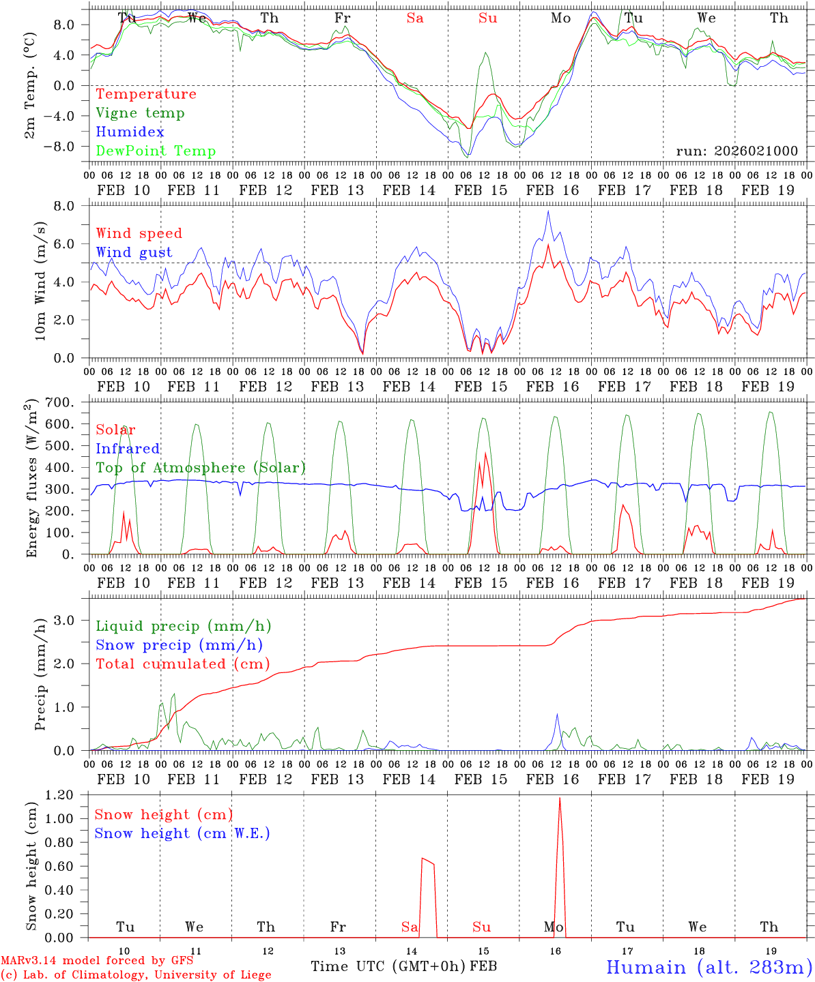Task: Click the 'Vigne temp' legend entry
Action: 140,113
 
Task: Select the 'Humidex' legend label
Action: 130,132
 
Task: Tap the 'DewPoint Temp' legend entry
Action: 156,151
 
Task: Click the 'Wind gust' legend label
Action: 134,252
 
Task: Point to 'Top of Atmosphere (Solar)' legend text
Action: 200,468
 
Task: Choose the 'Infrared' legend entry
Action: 128,449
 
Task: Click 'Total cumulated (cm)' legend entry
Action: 182,664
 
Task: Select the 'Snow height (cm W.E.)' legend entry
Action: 182,833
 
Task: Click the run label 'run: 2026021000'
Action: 737,151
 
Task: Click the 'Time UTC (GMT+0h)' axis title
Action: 388,966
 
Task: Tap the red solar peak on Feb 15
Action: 485,453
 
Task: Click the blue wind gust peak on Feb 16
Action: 547,211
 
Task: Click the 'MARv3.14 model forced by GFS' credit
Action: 97,961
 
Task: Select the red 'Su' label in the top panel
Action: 487,18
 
